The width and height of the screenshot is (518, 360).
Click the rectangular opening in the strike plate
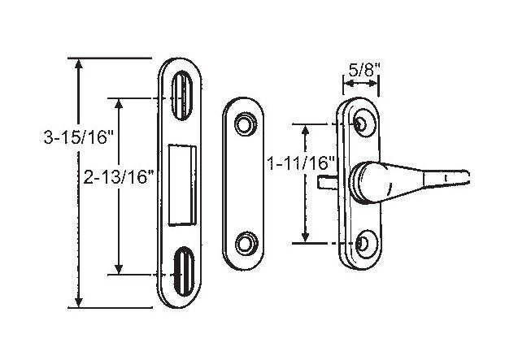point(185,183)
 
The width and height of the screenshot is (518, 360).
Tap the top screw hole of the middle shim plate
point(243,123)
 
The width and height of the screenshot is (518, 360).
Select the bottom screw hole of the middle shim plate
point(243,243)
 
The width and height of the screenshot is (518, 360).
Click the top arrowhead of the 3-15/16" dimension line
point(78,64)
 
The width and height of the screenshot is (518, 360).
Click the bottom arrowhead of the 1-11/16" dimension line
point(305,237)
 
